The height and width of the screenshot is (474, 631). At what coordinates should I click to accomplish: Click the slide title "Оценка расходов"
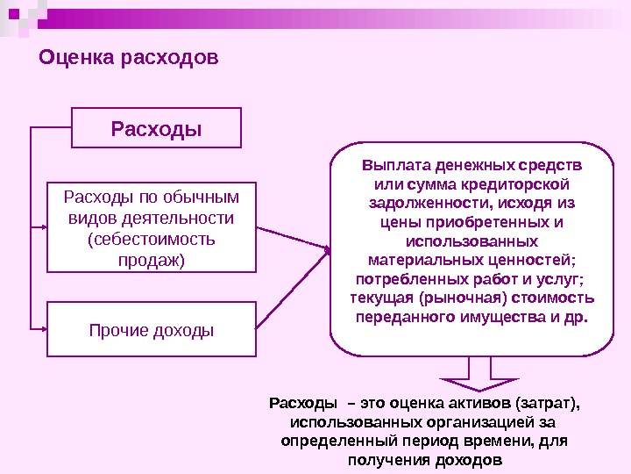pyautogui.click(x=128, y=59)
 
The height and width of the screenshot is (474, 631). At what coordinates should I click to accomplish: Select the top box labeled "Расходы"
pyautogui.click(x=156, y=129)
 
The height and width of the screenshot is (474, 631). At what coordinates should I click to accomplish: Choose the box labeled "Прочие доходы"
pyautogui.click(x=152, y=330)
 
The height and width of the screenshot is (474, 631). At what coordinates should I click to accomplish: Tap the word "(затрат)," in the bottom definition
pyautogui.click(x=549, y=404)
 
